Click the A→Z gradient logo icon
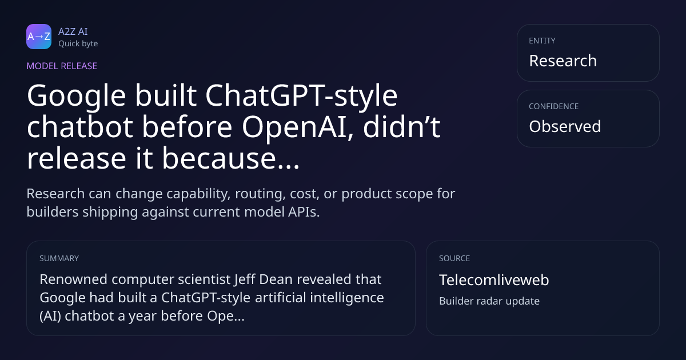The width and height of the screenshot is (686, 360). [39, 37]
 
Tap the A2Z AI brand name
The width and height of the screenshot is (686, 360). [73, 31]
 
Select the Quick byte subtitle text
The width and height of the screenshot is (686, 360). [78, 44]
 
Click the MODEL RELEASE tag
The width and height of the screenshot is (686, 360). [62, 66]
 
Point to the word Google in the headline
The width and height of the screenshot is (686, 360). [76, 97]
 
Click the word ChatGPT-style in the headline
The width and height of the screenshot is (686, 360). [301, 97]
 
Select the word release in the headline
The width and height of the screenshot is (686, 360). [77, 159]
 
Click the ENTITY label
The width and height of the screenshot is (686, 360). [542, 41]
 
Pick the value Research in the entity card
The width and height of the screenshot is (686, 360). [563, 61]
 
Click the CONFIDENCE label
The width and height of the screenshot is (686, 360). [554, 106]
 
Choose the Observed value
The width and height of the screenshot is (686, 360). [565, 126]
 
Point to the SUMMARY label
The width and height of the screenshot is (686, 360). [59, 258]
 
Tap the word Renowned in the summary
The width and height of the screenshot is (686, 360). [74, 279]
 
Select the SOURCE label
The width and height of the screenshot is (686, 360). [454, 258]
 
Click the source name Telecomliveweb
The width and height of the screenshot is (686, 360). [494, 280]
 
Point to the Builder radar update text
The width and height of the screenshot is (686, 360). [489, 301]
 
